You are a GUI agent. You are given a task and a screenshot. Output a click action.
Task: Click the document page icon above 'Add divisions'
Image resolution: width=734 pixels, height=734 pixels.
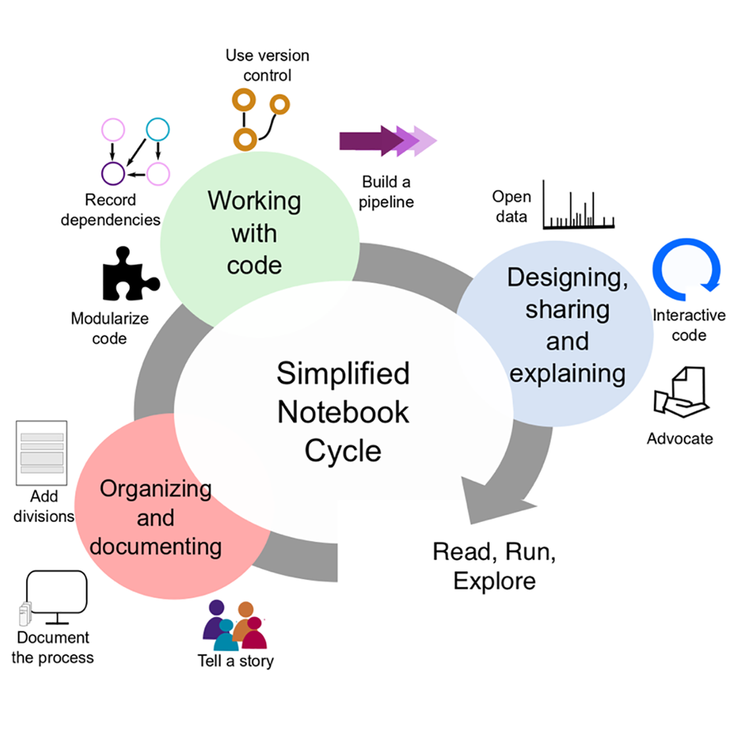(x=42, y=452)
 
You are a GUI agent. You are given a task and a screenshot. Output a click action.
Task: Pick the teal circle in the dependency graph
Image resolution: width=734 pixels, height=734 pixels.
(x=157, y=128)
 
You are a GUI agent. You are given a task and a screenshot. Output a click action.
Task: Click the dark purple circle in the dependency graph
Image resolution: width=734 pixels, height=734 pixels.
(x=113, y=173)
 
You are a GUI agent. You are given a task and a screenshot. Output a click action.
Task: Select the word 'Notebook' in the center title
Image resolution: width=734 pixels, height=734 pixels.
(x=343, y=411)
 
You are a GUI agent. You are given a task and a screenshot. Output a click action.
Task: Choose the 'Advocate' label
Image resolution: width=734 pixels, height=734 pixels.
(x=679, y=439)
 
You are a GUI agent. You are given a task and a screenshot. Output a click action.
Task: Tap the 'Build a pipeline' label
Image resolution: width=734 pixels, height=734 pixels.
(x=386, y=191)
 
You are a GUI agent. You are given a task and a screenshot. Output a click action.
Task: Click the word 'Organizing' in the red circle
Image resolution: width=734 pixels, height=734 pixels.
(x=155, y=489)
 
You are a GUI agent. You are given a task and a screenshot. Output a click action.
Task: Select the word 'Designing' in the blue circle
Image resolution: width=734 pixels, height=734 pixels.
(x=567, y=278)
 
